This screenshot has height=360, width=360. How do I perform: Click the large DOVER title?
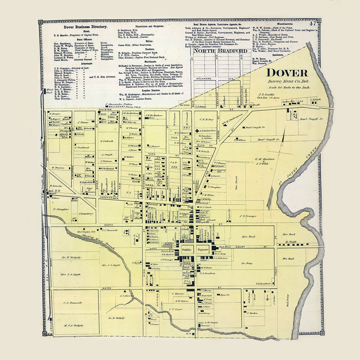point(287,73)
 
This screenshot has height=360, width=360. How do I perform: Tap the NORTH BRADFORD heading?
point(220,51)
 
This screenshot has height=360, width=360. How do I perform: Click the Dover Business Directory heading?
point(81,27)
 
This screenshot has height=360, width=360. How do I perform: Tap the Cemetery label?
point(86,214)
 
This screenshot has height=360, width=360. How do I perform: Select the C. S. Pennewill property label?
point(73,303)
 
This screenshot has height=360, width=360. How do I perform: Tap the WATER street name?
point(107,288)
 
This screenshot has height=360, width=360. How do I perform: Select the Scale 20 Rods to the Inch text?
point(289,88)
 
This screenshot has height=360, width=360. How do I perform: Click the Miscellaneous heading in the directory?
point(285,23)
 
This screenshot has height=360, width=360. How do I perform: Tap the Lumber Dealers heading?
point(138,90)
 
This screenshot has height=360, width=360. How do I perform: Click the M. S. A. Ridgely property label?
point(74,325)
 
